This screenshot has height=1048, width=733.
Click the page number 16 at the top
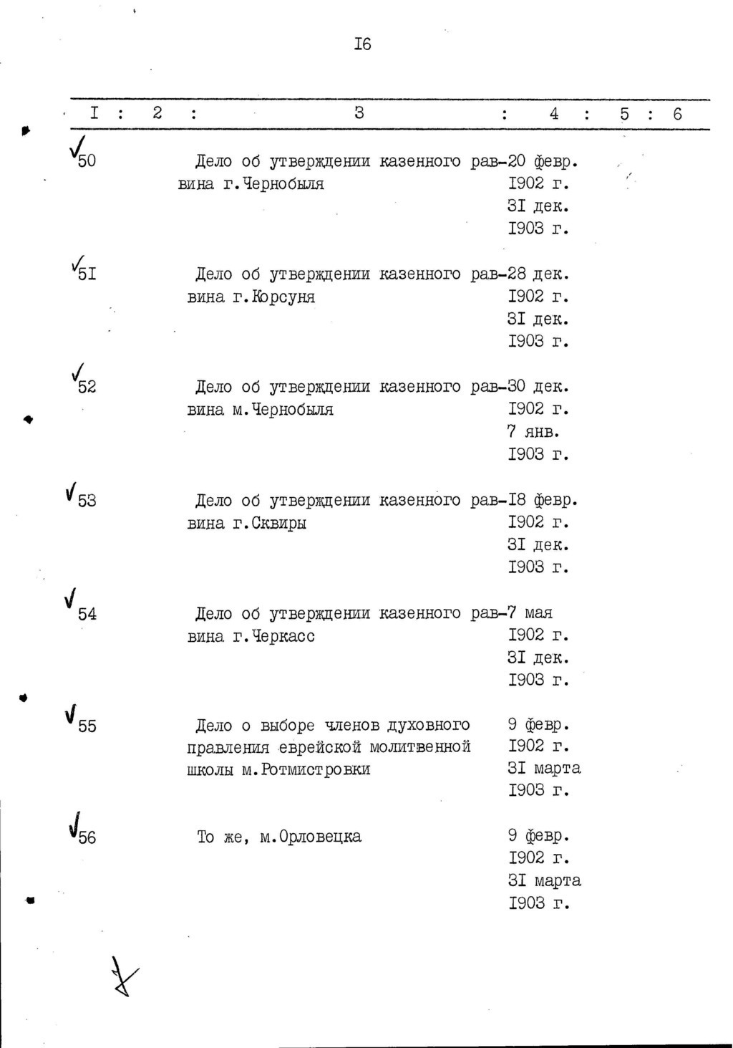point(362,44)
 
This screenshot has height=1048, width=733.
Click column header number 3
point(359,112)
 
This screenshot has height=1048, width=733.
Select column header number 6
point(677,114)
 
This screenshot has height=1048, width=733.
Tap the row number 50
point(87,161)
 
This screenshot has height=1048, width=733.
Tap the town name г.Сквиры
point(270,523)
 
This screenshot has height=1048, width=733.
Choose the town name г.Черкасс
point(274,636)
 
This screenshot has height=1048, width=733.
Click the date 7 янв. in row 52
point(533,432)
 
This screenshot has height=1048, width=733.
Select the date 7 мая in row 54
point(530,613)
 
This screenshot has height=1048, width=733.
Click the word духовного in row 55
point(428,726)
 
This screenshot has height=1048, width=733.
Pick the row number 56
point(87,837)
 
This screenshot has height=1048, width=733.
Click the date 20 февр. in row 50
point(543,161)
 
